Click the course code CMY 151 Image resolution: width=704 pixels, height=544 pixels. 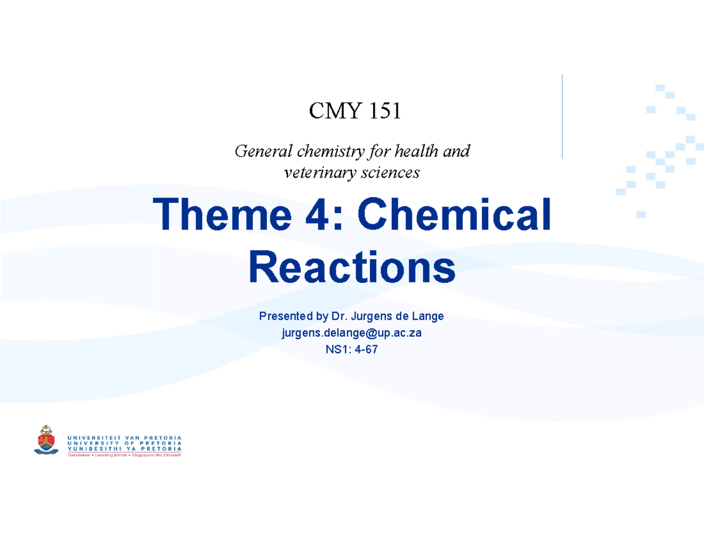click(x=356, y=110)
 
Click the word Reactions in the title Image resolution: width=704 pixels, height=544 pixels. click(x=352, y=266)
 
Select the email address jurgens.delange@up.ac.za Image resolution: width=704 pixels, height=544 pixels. click(x=351, y=333)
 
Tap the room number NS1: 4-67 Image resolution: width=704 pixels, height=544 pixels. click(x=351, y=350)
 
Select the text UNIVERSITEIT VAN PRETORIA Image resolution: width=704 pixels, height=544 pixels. click(x=124, y=437)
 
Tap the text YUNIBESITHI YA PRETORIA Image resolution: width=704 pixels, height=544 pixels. click(x=124, y=448)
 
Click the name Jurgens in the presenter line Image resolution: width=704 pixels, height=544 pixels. click(x=371, y=317)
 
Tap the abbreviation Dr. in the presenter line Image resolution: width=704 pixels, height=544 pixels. click(x=340, y=317)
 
